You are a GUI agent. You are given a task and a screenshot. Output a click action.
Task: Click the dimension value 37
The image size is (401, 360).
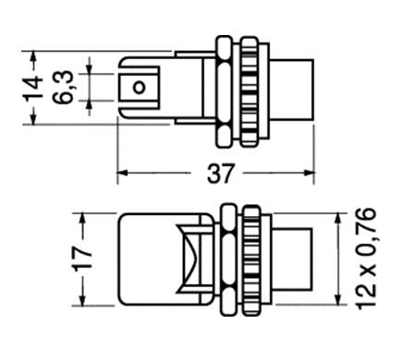(221, 174)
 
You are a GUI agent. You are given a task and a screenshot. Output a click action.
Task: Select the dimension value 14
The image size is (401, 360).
(32, 88)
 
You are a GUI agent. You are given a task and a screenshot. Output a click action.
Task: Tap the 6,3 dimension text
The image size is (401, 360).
(63, 87)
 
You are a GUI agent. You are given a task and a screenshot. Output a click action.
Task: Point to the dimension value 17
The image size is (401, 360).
(82, 258)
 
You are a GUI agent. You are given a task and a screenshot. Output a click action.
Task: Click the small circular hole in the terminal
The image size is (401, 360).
(139, 88)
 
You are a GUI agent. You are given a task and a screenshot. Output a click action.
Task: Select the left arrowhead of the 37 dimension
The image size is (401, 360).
(122, 173)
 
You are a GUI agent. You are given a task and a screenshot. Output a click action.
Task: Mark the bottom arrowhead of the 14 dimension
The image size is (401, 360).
(33, 118)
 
